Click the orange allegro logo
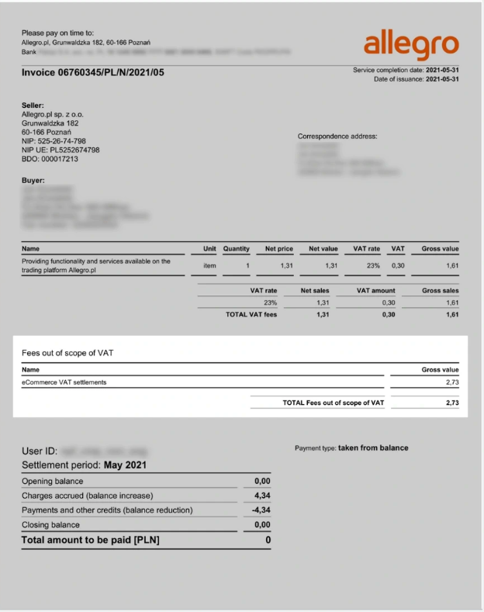coord(411,45)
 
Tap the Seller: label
coord(33,105)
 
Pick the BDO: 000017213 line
coord(50,159)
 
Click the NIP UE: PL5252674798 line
coord(60,150)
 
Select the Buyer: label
coord(33,181)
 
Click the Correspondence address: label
coord(337,137)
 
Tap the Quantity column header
coord(236,249)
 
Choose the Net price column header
coord(279,249)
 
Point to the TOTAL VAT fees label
coord(246,314)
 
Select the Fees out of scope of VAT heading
coord(69,353)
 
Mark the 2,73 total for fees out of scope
coord(452,403)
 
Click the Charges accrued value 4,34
coord(262,495)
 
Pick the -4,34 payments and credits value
coord(261,510)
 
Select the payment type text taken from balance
coord(373,448)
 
